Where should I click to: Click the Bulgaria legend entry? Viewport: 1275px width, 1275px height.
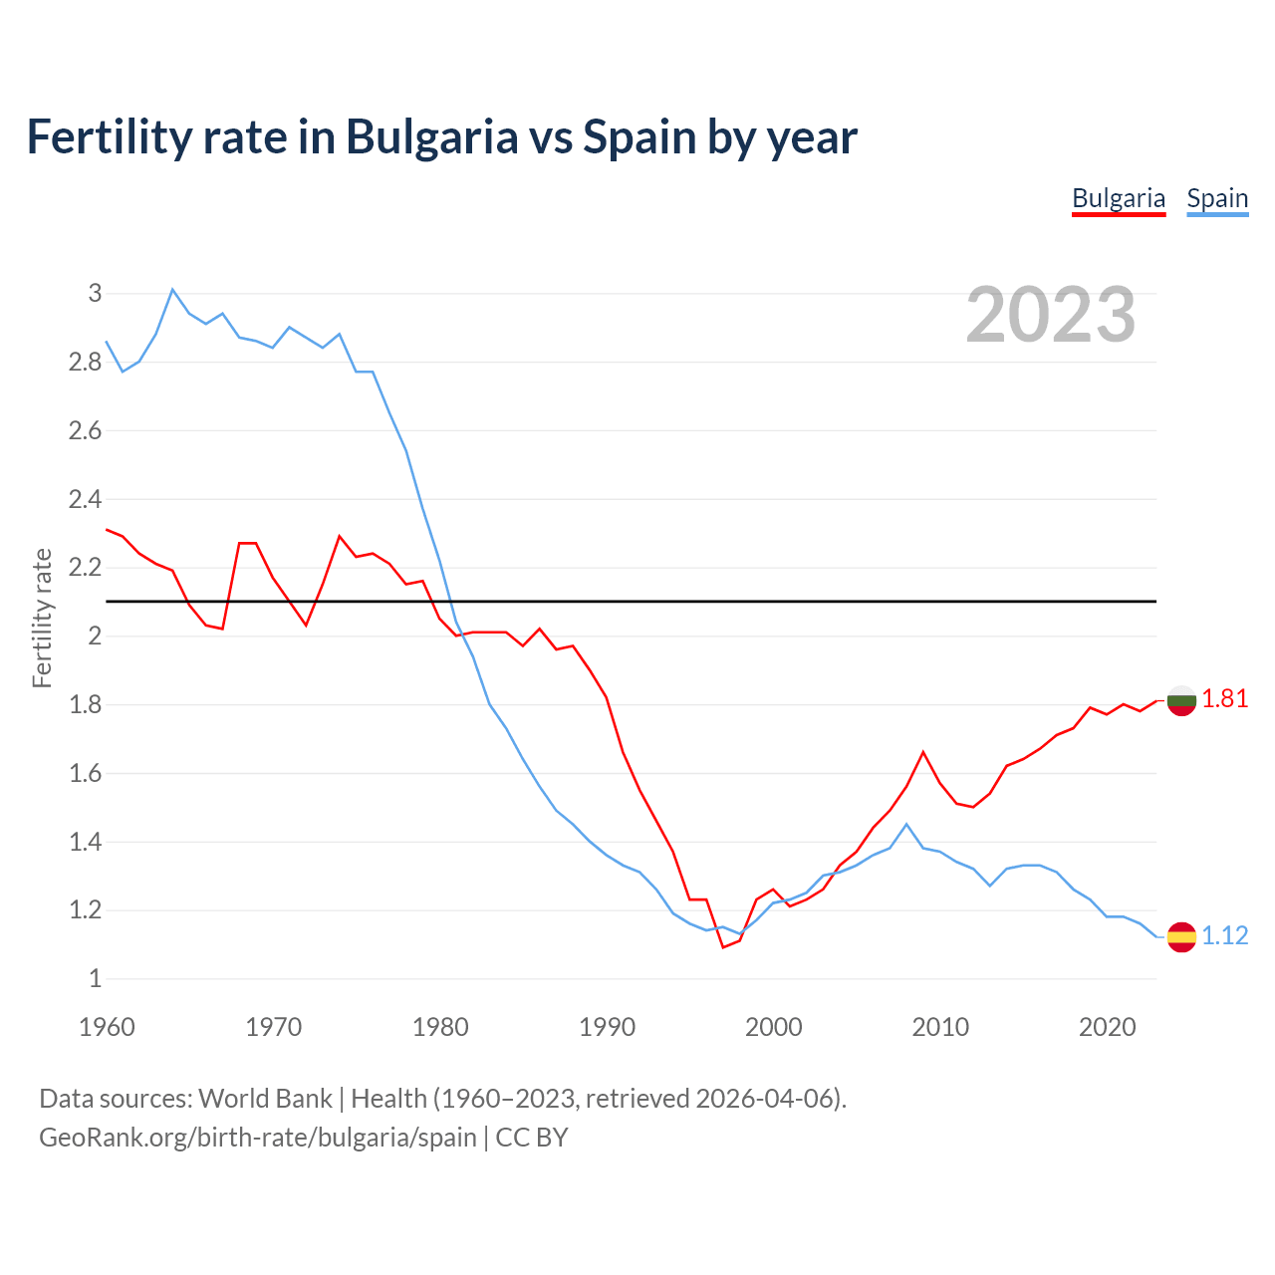pos(1118,198)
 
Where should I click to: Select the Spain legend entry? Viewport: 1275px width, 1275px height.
pos(1216,198)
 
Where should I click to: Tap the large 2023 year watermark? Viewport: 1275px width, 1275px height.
pos(1050,315)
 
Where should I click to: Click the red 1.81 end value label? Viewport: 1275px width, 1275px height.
pos(1224,699)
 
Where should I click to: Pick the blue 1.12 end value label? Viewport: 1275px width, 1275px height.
pos(1224,936)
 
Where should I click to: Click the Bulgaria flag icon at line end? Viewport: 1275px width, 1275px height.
pos(1181,701)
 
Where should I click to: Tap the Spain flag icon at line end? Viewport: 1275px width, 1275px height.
pos(1181,936)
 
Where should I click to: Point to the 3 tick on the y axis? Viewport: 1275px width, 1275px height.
pos(96,293)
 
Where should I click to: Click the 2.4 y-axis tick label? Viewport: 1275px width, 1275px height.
pos(86,499)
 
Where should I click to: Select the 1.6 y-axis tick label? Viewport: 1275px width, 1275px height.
pos(86,774)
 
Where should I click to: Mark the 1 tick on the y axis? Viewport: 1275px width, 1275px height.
pos(96,979)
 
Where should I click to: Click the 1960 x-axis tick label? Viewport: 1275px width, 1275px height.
pos(107,1027)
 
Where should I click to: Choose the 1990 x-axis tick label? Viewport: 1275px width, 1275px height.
pos(607,1027)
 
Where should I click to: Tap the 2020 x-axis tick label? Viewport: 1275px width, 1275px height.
pos(1107,1027)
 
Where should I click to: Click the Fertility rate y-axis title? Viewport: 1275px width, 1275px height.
pos(42,618)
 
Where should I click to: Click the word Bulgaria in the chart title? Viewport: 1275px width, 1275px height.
pos(431,136)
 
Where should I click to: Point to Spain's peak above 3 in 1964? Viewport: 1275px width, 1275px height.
pos(172,290)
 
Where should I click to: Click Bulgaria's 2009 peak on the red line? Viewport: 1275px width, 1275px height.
pos(923,752)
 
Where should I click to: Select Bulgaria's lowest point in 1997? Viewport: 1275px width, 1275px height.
pos(723,947)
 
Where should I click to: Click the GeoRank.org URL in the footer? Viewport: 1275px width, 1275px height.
pos(257,1138)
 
